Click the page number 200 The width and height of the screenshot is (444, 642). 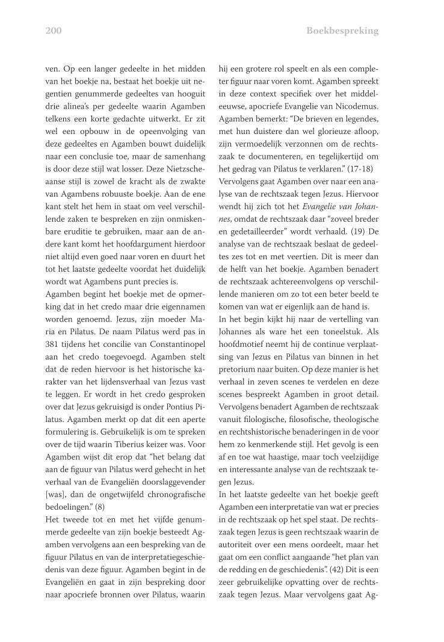[x=54, y=31]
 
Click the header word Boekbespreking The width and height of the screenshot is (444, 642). [x=342, y=31]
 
